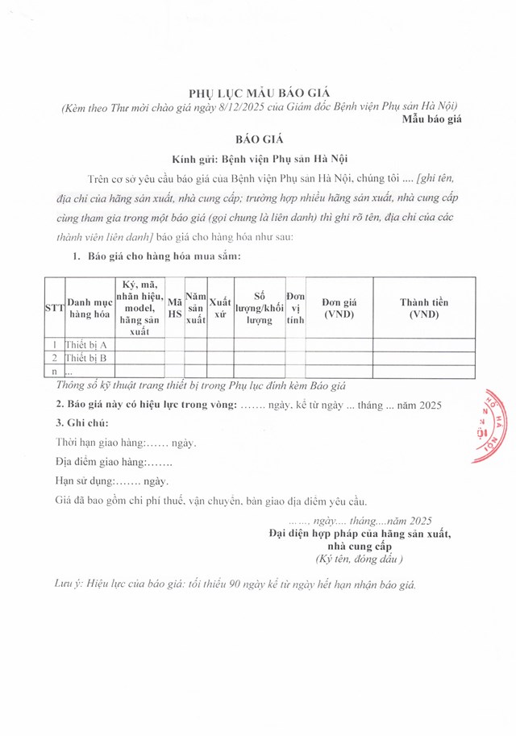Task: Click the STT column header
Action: [54, 309]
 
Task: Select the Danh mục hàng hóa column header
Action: [89, 309]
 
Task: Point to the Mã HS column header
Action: [174, 309]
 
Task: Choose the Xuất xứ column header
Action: [220, 309]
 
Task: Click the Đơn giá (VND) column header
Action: [339, 309]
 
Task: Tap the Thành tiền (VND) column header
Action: [424, 309]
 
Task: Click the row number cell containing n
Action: [54, 372]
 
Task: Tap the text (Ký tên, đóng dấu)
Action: [359, 559]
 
